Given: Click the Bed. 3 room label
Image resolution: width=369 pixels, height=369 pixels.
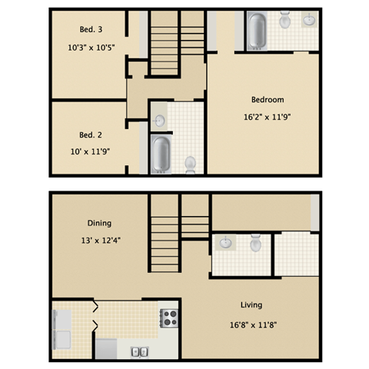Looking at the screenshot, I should click(91, 30).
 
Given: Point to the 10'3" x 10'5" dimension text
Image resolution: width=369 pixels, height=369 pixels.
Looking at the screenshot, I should click(91, 48).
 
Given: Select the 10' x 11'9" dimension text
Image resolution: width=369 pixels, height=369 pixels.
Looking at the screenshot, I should click(90, 148).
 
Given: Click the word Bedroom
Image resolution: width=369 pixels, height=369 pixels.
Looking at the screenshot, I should click(268, 100).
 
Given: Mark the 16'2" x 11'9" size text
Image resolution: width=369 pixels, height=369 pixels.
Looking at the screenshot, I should click(268, 118).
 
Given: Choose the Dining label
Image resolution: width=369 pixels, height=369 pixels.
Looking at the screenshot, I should click(98, 223).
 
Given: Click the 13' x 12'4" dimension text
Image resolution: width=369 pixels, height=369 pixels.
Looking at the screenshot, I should click(98, 240).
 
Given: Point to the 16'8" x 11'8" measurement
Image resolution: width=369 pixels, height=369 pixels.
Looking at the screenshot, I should click(252, 324).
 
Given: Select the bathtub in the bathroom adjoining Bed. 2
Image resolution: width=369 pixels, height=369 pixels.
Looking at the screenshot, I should click(161, 155).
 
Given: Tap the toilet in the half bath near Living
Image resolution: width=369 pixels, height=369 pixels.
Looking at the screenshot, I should click(256, 244).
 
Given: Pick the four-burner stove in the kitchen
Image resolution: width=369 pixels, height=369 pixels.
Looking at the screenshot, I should click(168, 317).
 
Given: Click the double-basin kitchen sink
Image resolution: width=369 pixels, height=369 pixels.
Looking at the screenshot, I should click(139, 351).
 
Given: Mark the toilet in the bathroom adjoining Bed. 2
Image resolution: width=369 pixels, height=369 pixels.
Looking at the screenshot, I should click(191, 162).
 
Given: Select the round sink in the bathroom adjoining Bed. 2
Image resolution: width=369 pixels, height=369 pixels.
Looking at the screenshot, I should click(159, 120).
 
